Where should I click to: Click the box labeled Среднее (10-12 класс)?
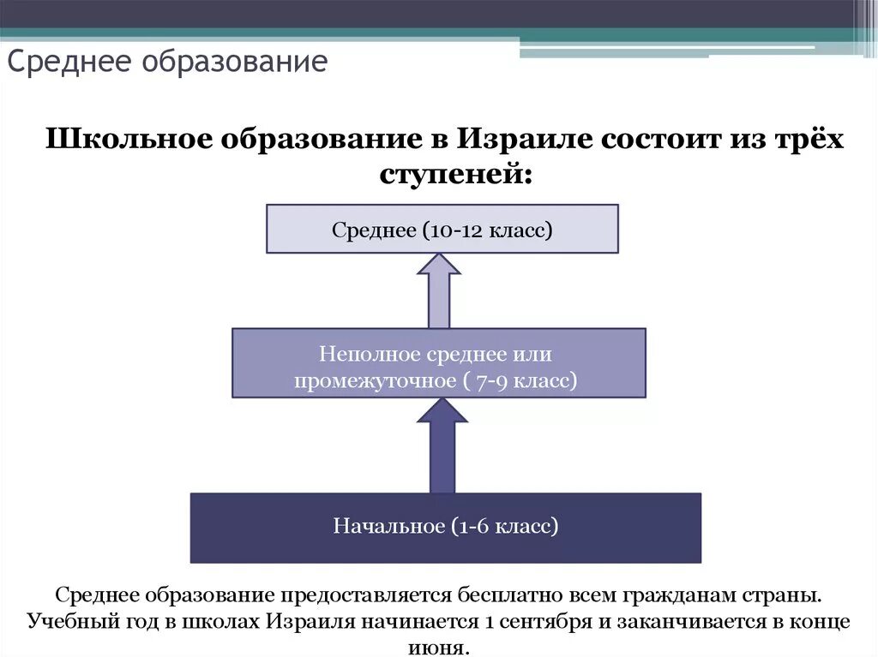click(442, 229)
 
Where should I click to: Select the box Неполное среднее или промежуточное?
click(438, 363)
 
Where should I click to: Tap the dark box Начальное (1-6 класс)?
click(445, 528)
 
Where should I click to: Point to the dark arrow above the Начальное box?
click(441, 445)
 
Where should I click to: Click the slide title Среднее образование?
click(168, 63)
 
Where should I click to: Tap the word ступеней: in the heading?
click(455, 174)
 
